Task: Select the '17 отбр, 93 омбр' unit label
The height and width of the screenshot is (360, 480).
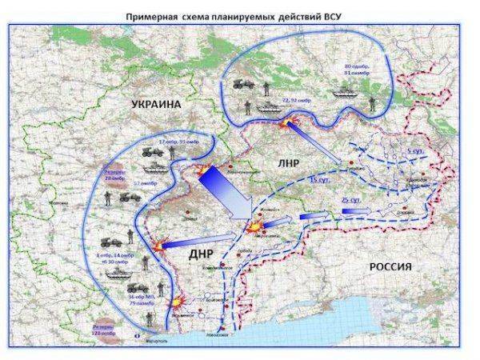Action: click(178, 142)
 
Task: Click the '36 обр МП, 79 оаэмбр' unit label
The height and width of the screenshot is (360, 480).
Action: click(139, 300)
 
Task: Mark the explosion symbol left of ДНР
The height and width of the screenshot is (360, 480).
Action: click(161, 245)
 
